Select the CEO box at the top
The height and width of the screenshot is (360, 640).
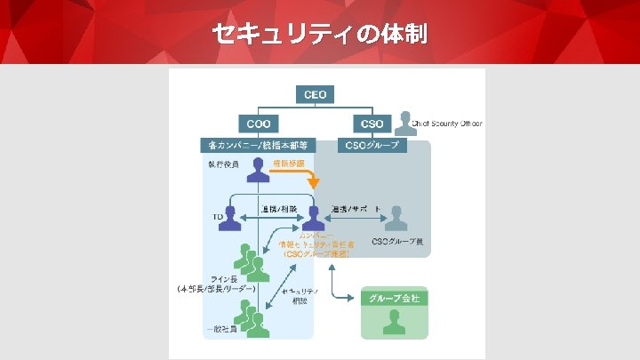tap(316, 94)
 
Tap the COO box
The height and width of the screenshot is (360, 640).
tap(259, 124)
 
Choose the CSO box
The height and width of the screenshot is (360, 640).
tap(373, 124)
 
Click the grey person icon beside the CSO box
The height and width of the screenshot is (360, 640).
tap(406, 123)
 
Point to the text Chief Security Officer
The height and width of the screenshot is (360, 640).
tap(449, 124)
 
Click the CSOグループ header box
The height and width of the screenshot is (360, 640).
tap(373, 145)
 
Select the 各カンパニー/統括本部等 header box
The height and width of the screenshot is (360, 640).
tap(258, 145)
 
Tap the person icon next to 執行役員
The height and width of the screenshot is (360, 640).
tap(259, 169)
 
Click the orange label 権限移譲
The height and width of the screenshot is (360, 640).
tap(289, 164)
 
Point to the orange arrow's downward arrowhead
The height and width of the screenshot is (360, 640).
tap(312, 184)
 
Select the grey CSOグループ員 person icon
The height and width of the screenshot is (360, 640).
tap(396, 218)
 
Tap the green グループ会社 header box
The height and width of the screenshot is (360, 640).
tap(395, 299)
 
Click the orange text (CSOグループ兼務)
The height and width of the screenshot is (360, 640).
tap(316, 254)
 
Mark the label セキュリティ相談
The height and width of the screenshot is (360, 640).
tap(299, 296)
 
